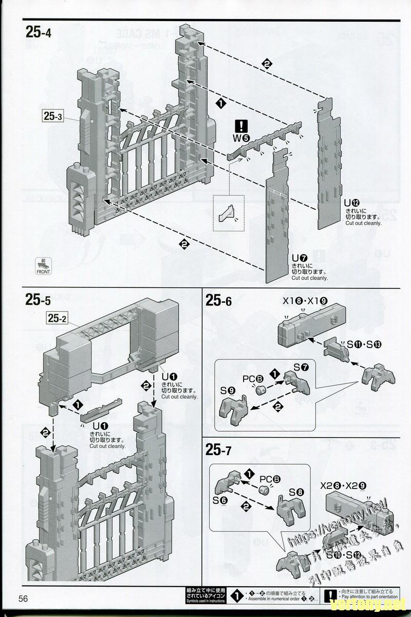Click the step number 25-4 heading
tap(39, 32)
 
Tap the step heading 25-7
tap(219, 451)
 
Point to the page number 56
tap(24, 598)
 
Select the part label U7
tap(299, 258)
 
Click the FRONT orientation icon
tap(44, 265)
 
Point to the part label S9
tap(229, 390)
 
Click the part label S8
tap(296, 492)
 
